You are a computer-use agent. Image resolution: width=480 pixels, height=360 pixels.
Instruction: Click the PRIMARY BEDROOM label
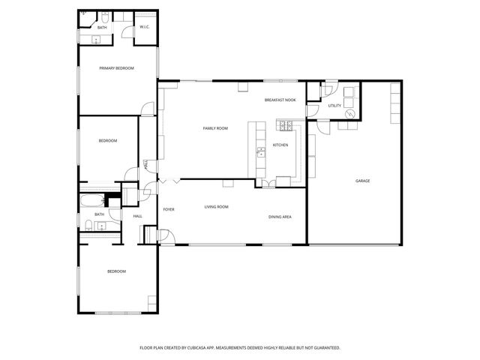pos(117,68)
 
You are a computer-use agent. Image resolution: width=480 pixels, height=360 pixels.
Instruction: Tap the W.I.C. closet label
pos(145,28)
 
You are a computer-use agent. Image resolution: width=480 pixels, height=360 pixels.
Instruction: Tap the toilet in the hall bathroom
pos(88,226)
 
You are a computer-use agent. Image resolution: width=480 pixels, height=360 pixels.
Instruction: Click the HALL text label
pos(138,217)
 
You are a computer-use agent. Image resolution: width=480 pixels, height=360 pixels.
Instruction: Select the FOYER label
pos(169,209)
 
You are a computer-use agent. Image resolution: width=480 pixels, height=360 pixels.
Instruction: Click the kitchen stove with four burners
pos(285,124)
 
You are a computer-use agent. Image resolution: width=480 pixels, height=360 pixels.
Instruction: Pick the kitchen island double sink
pos(261,154)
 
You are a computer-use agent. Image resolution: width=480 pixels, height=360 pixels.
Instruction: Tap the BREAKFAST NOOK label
pos(280,100)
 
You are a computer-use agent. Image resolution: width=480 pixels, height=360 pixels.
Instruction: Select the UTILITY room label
pos(334,106)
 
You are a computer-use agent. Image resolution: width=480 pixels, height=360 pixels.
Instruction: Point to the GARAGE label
pos(363,181)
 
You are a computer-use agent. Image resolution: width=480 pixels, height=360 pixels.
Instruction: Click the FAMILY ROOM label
pos(215,128)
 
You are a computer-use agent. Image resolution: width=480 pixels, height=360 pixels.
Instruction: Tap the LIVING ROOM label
pos(217,207)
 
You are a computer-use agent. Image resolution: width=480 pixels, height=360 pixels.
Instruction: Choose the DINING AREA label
pos(280,217)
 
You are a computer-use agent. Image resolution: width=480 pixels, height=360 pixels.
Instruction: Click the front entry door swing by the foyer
pos(168,237)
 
